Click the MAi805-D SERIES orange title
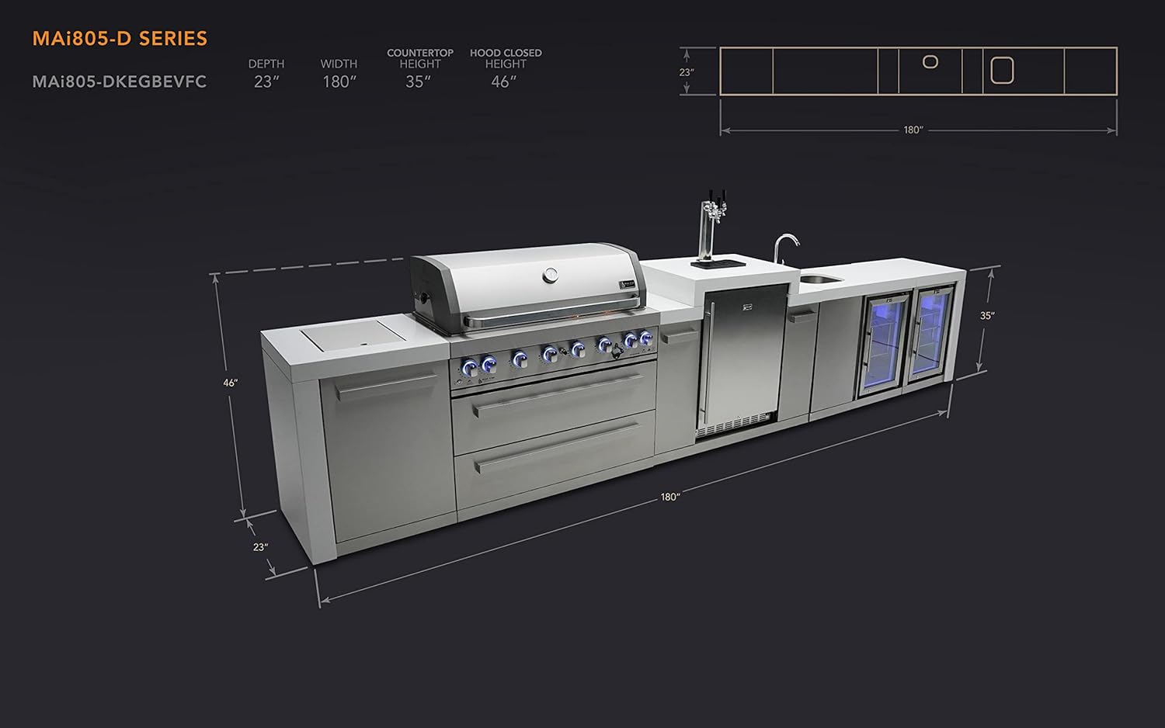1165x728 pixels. pyautogui.click(x=120, y=39)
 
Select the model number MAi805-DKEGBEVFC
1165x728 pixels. pyautogui.click(x=120, y=81)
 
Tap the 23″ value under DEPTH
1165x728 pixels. pyautogui.click(x=266, y=81)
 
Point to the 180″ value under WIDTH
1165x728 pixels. pyautogui.click(x=339, y=81)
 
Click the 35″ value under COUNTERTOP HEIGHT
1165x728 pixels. pyautogui.click(x=418, y=81)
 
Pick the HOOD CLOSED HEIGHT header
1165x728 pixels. pyautogui.click(x=506, y=58)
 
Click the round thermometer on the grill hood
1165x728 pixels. pyautogui.click(x=551, y=274)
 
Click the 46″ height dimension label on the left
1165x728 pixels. pyautogui.click(x=230, y=383)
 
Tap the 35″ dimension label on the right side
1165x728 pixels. pyautogui.click(x=986, y=316)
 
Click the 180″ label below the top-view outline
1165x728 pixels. pyautogui.click(x=913, y=130)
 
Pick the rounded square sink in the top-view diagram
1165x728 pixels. pyautogui.click(x=1002, y=71)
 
